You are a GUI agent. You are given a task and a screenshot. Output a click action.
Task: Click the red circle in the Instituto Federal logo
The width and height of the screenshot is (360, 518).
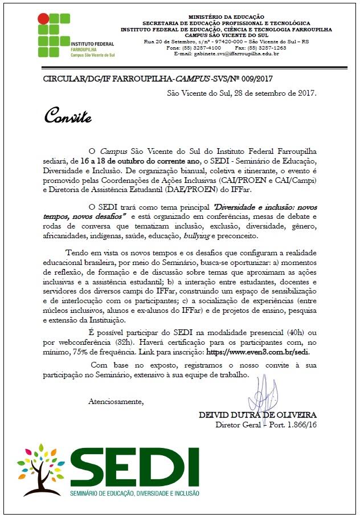(43, 18)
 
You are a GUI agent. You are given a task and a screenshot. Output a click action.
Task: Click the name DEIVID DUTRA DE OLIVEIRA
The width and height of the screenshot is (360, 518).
(257, 414)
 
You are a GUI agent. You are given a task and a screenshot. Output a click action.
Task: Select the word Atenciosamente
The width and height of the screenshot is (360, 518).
(116, 401)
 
